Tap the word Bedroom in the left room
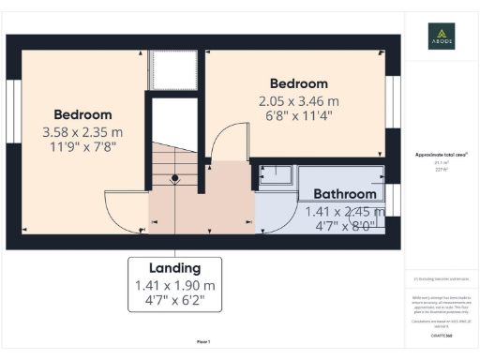[x=82, y=114]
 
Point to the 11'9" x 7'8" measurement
[x=82, y=147]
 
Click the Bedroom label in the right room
[x=299, y=83]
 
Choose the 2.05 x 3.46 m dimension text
[x=299, y=100]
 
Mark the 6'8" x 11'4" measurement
[x=299, y=116]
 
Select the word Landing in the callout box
[x=175, y=268]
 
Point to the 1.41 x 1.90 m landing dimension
[x=175, y=285]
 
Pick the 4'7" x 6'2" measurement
[x=175, y=301]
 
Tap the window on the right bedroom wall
[x=393, y=98]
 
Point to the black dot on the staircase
[x=174, y=177]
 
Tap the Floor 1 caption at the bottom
[x=203, y=341]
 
